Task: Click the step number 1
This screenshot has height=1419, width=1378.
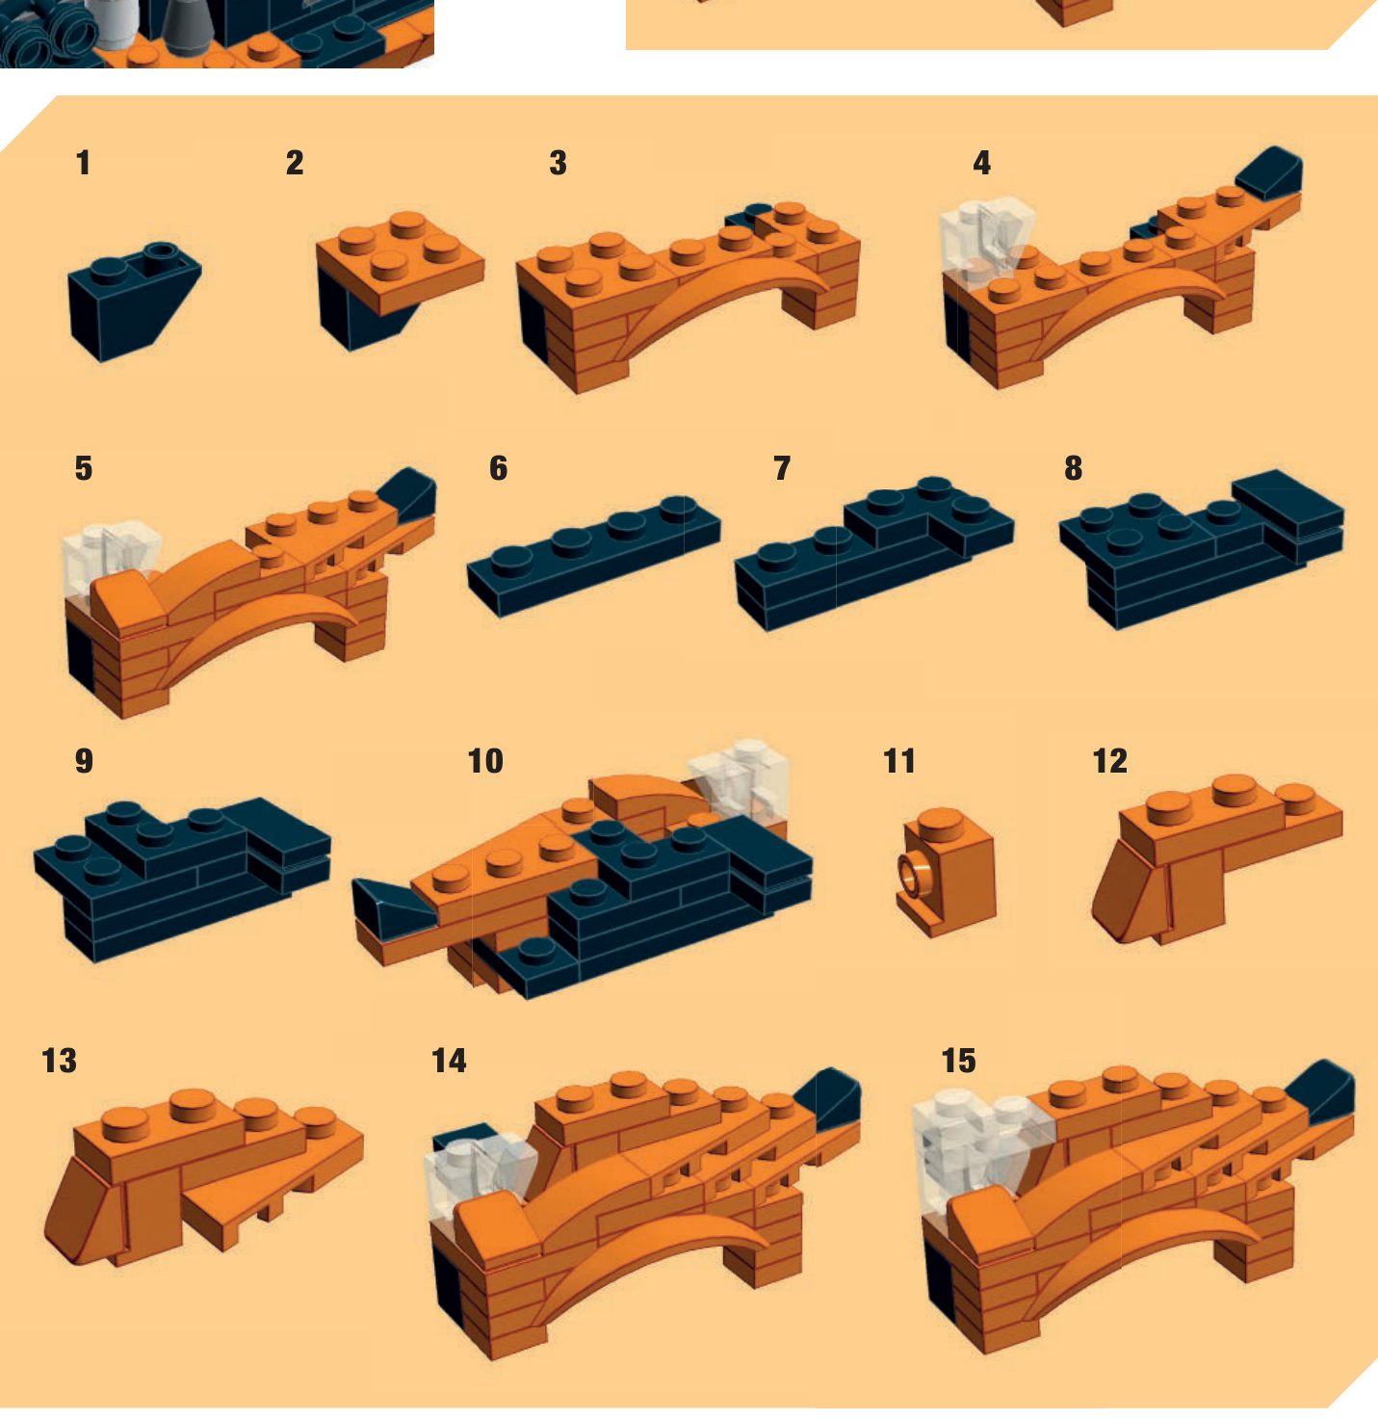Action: click(x=84, y=163)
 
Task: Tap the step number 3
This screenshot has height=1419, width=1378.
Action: click(x=559, y=163)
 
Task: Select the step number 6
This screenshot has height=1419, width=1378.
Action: click(x=498, y=468)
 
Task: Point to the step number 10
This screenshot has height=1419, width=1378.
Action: click(x=485, y=761)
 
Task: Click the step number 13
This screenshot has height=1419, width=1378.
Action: click(x=60, y=1061)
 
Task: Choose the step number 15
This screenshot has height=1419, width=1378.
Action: click(x=959, y=1061)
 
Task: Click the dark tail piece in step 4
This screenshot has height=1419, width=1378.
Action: click(x=1271, y=171)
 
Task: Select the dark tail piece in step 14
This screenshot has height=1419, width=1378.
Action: click(x=830, y=1098)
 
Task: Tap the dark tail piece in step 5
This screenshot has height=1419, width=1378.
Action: click(x=409, y=493)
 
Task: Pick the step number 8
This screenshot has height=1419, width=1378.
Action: click(x=1074, y=468)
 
